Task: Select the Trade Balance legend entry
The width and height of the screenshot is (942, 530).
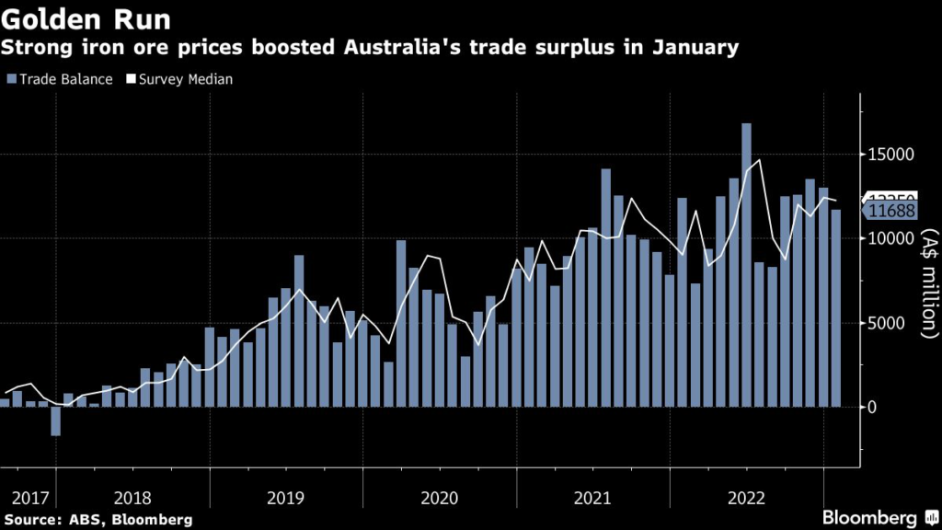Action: pyautogui.click(x=60, y=79)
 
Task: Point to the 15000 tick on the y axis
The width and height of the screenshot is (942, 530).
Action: pyautogui.click(x=889, y=155)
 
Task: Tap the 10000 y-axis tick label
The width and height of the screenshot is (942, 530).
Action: pyautogui.click(x=889, y=239)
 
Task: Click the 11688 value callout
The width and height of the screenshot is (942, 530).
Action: pyautogui.click(x=890, y=212)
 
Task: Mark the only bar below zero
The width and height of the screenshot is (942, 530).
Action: pyautogui.click(x=55, y=421)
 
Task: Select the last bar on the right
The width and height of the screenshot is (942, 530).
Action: pyautogui.click(x=836, y=308)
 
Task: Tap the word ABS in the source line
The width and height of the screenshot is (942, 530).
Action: pyautogui.click(x=86, y=520)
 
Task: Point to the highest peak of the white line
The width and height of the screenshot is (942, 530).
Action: pyautogui.click(x=759, y=161)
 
